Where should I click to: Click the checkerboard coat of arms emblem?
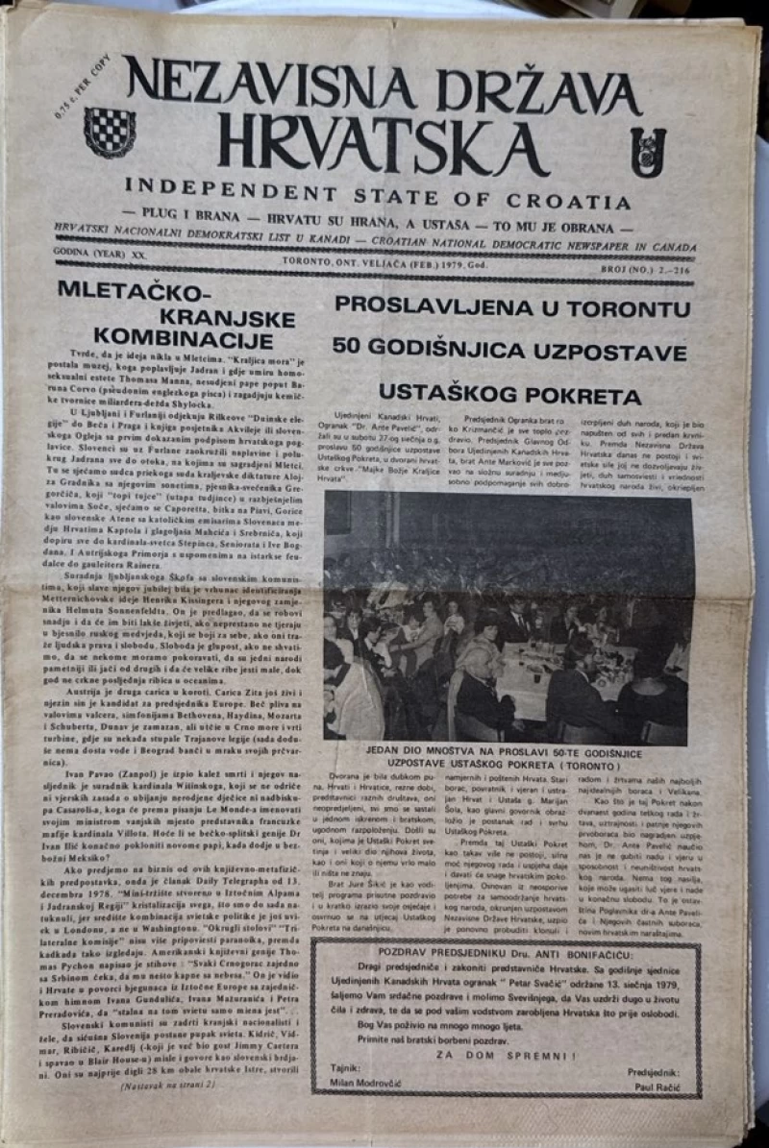pyautogui.click(x=110, y=132)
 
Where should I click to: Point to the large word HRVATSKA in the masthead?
pyautogui.click(x=382, y=144)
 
